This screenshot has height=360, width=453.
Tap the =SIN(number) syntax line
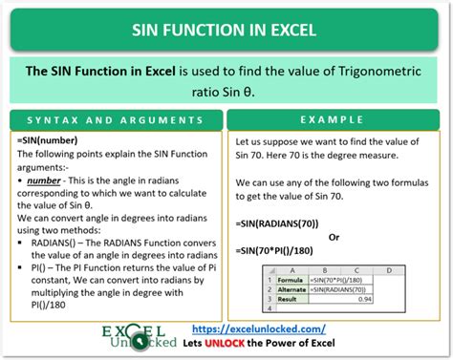point(47,140)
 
